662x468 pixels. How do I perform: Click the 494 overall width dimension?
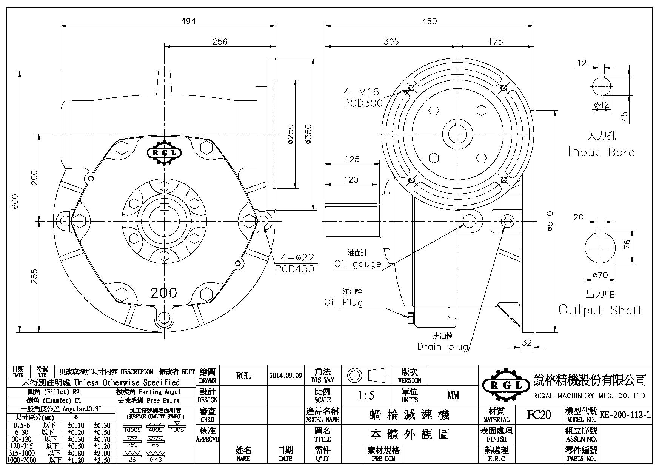point(188,21)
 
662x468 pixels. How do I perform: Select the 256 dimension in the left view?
point(220,41)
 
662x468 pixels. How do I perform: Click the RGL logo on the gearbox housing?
point(164,153)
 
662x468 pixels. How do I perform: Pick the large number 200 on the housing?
point(163,292)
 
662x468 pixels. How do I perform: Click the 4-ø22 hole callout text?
point(297,258)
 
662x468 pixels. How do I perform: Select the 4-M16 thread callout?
point(361,91)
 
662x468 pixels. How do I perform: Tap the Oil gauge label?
point(358,264)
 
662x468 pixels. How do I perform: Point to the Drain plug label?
point(443,346)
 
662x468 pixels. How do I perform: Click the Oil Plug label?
point(343,302)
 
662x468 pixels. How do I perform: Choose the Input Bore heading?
point(601,152)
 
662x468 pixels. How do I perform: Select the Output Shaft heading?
point(600,310)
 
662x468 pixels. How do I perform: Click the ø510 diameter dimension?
point(550,222)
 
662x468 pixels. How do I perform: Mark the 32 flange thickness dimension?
point(527,343)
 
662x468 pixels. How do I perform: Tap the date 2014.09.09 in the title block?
point(286,376)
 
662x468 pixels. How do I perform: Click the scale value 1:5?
point(366,395)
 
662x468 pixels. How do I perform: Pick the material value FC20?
point(539,415)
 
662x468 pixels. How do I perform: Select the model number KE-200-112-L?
point(626,415)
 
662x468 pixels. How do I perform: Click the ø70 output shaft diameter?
point(600,276)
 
